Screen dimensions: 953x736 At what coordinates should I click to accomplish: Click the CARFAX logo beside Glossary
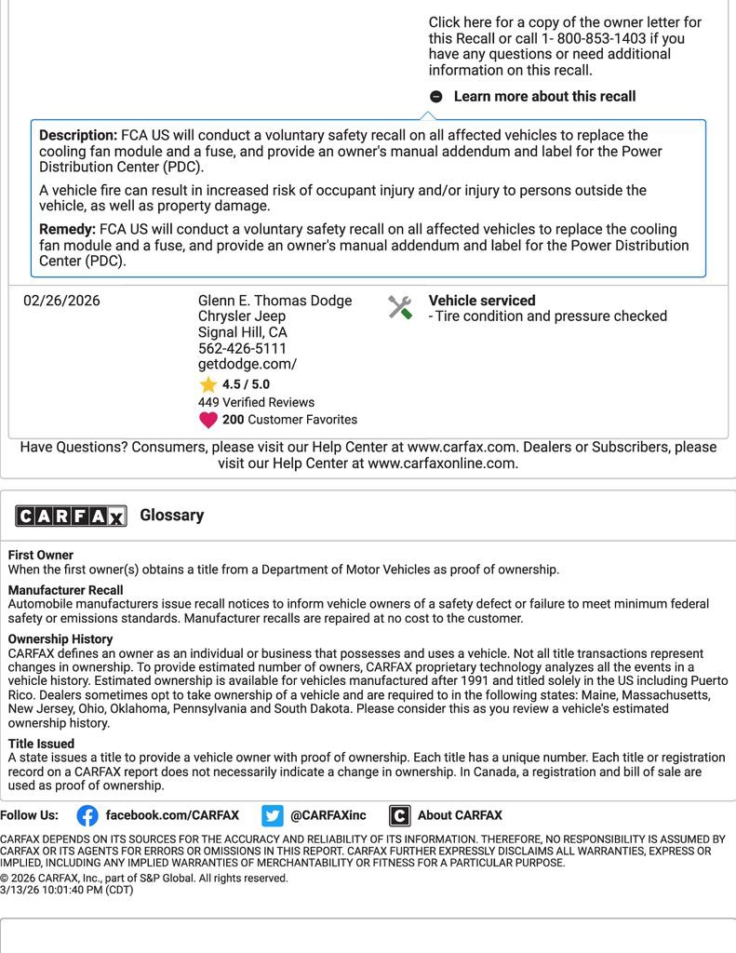[x=71, y=516]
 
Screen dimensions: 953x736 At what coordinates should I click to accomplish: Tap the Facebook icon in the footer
[x=87, y=816]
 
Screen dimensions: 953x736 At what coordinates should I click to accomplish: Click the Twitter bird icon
[x=272, y=816]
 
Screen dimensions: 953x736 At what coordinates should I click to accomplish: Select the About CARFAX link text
[x=460, y=815]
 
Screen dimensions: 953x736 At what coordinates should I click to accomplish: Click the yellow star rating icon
[x=207, y=384]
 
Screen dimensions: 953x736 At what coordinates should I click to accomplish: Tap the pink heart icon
[x=208, y=420]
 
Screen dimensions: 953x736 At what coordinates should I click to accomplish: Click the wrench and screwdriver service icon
[x=400, y=308]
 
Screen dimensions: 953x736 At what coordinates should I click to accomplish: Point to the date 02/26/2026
[x=61, y=301]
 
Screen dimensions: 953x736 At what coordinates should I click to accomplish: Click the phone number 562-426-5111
[x=242, y=349]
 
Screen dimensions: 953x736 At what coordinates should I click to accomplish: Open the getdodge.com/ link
[x=247, y=365]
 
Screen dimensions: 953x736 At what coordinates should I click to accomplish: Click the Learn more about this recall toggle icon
[x=436, y=97]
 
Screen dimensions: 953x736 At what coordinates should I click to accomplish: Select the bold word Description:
[x=78, y=135]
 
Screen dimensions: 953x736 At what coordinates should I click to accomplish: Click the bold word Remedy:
[x=67, y=229]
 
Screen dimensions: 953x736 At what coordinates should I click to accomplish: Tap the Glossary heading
[x=171, y=516]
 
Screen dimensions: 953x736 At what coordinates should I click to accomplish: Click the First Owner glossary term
[x=41, y=556]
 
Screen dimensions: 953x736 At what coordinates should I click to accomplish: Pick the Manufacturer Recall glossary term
[x=65, y=590]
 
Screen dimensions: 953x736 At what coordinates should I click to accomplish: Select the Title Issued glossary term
[x=41, y=744]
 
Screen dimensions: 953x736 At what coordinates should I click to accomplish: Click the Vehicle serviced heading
[x=481, y=301]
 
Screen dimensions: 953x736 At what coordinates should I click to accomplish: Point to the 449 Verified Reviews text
[x=256, y=402]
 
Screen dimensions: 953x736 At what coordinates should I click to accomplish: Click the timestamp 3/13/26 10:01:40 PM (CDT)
[x=67, y=891]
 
